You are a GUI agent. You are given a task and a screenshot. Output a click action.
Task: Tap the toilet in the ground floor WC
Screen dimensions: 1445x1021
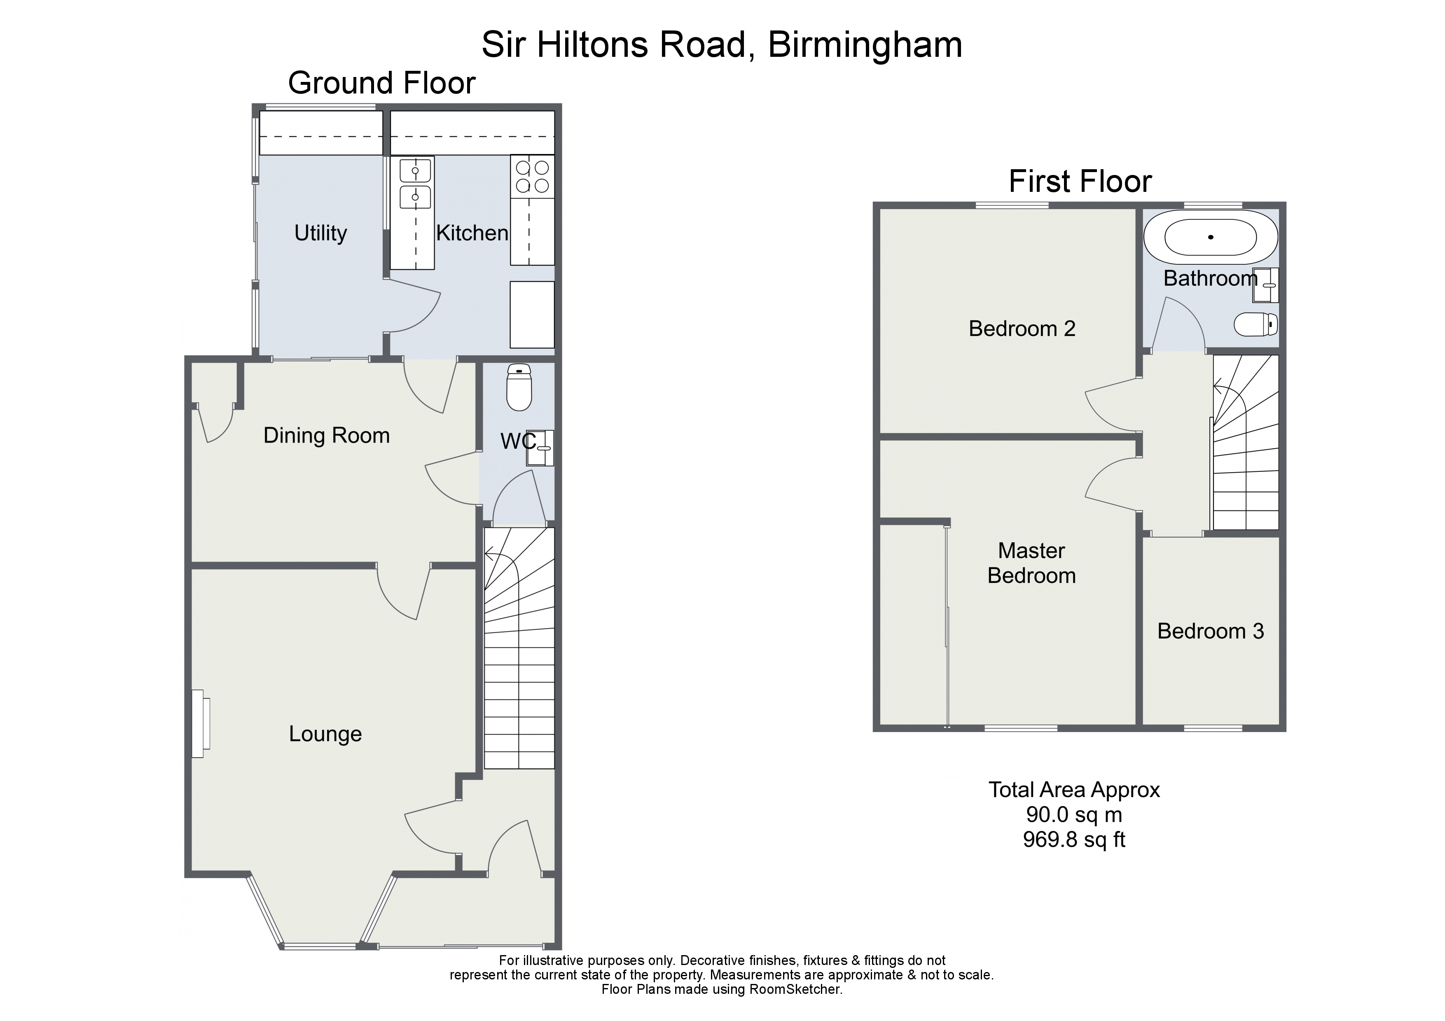(x=519, y=387)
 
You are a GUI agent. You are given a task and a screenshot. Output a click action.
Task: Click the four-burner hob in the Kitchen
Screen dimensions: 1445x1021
(x=533, y=176)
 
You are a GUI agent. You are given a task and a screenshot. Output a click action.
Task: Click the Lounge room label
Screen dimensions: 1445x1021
(x=325, y=734)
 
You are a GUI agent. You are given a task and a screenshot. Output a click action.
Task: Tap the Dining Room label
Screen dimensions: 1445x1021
(x=327, y=435)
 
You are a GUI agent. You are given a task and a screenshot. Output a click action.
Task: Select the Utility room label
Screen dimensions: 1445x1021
(x=321, y=233)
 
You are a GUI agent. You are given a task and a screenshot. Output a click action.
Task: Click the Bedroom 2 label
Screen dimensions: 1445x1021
(x=1022, y=329)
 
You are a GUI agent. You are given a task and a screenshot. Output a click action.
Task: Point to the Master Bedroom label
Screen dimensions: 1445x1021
(x=1031, y=563)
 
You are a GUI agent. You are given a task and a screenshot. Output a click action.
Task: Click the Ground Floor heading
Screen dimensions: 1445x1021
(x=382, y=83)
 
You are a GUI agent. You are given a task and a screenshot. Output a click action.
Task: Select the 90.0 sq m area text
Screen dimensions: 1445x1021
(x=1074, y=815)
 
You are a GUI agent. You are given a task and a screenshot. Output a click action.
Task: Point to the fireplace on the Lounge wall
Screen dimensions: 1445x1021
(x=200, y=723)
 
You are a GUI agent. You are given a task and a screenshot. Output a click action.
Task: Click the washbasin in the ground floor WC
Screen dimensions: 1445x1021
(x=540, y=448)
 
